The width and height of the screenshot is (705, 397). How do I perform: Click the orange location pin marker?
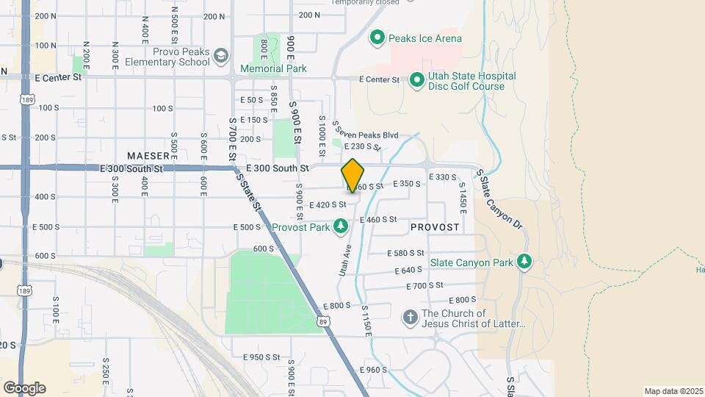pos(353,175)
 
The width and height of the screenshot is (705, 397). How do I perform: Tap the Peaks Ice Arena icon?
pos(377,37)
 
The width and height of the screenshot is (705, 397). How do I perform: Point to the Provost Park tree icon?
pos(340,226)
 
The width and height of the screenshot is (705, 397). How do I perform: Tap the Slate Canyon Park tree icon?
pos(524,262)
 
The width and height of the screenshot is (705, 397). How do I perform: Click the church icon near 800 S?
pos(410,318)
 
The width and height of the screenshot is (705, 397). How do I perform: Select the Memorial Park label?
pos(272,68)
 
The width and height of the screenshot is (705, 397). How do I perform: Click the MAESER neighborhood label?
pos(153,156)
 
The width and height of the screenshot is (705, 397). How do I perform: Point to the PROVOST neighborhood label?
pos(435,227)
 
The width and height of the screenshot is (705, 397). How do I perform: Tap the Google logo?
pos(24,387)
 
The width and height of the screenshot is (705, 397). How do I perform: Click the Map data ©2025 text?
pos(672,391)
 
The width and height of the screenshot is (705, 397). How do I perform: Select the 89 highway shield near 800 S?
pos(323,321)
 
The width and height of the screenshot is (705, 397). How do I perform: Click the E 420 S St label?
pos(328,205)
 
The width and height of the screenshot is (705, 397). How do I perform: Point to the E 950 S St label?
pos(261,357)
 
